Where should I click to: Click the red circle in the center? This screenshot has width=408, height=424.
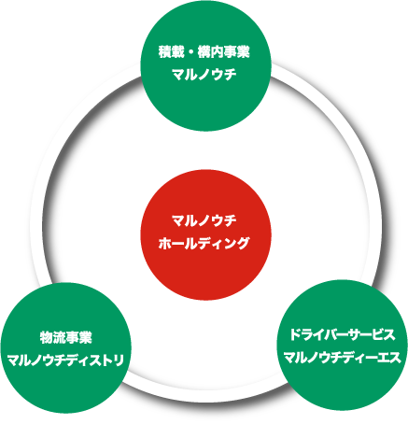pyautogui.click(x=205, y=234)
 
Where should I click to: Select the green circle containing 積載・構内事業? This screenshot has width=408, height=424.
pyautogui.click(x=205, y=65)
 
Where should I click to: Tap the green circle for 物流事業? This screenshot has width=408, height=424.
pyautogui.click(x=65, y=348)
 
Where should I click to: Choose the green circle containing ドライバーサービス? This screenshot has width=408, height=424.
pyautogui.click(x=342, y=345)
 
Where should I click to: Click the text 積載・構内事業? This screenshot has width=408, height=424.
pyautogui.click(x=204, y=51)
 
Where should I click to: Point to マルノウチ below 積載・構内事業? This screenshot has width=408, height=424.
pyautogui.click(x=204, y=75)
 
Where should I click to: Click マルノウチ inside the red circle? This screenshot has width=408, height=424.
pyautogui.click(x=204, y=220)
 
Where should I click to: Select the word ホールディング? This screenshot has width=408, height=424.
pyautogui.click(x=204, y=243)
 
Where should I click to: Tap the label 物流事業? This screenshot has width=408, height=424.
pyautogui.click(x=66, y=338)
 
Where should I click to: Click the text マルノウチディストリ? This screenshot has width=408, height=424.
pyautogui.click(x=65, y=360)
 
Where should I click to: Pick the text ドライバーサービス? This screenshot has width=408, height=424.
pyautogui.click(x=343, y=334)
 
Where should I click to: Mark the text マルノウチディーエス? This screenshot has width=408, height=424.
pyautogui.click(x=343, y=358)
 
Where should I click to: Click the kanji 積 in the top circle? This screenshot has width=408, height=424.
pyautogui.click(x=165, y=51)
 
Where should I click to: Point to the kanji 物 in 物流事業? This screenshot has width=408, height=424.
pyautogui.click(x=47, y=338)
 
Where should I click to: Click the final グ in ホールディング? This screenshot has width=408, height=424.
pyautogui.click(x=244, y=243)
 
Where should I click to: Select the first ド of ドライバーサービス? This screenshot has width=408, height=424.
pyautogui.click(x=296, y=334)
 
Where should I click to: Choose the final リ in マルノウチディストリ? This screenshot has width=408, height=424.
pyautogui.click(x=119, y=360)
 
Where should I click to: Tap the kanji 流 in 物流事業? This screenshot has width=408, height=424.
pyautogui.click(x=60, y=338)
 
